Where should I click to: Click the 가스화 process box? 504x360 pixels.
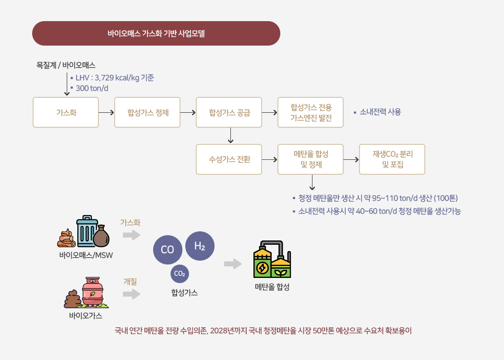pos(66,112)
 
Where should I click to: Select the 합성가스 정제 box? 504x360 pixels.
pos(147,112)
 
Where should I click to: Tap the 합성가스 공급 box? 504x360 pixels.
pos(229,112)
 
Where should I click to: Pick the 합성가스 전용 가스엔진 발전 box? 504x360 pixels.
pos(311,112)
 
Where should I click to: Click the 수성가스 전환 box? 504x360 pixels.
pos(229,159)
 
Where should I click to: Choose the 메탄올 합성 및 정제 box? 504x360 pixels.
pos(311,159)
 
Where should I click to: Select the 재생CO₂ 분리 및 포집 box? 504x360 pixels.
pos(392,159)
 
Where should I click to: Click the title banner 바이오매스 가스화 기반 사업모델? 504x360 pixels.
pos(156,34)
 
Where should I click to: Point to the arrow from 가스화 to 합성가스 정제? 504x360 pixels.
pos(107,112)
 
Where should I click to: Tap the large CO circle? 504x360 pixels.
pos(168,250)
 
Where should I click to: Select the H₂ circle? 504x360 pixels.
pos(200,246)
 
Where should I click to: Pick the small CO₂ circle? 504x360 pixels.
pos(180,274)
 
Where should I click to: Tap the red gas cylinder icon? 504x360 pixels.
pos(92,291)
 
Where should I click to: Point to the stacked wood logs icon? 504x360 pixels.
pos(65,239)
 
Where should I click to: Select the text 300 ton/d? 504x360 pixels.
pos(92,88)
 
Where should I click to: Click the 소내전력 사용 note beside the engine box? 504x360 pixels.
pos(380,112)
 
